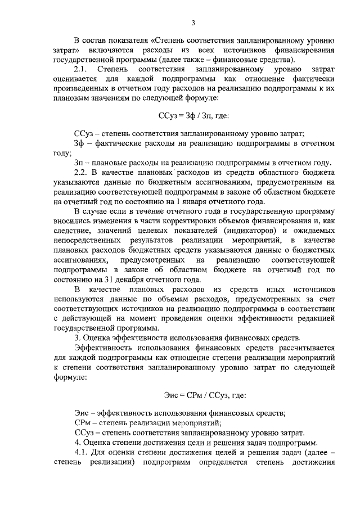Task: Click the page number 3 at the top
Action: point(193,22)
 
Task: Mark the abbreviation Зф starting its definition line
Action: point(79,143)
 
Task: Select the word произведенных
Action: point(83,89)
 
